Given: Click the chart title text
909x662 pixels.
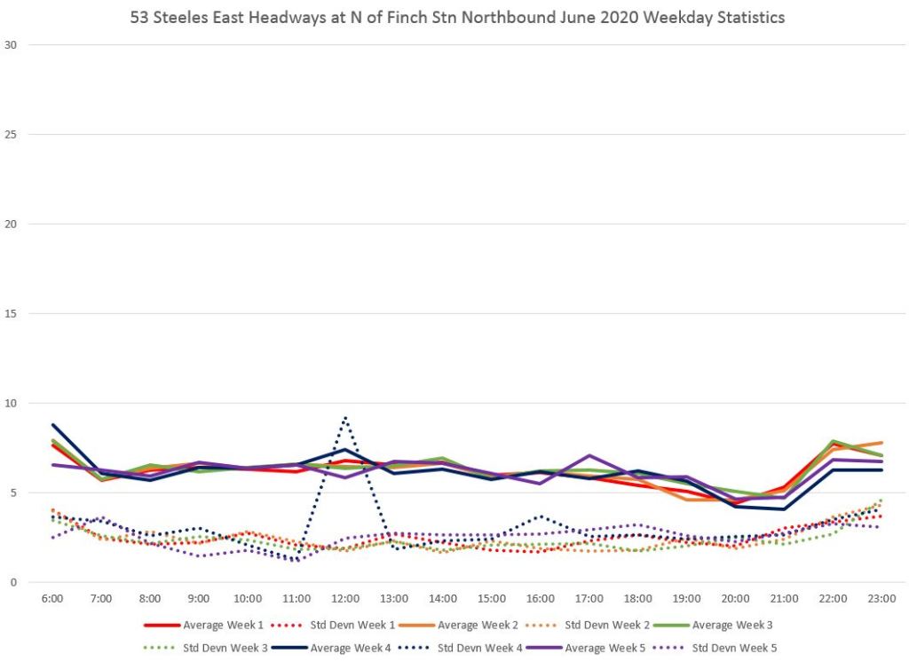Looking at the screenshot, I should click(x=457, y=18).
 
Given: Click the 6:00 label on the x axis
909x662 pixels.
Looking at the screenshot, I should click(x=52, y=599).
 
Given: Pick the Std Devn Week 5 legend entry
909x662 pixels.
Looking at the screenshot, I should click(x=733, y=648).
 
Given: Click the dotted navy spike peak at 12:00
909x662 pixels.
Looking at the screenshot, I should click(x=344, y=417).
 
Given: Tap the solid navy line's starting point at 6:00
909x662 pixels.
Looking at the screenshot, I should click(x=52, y=424).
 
